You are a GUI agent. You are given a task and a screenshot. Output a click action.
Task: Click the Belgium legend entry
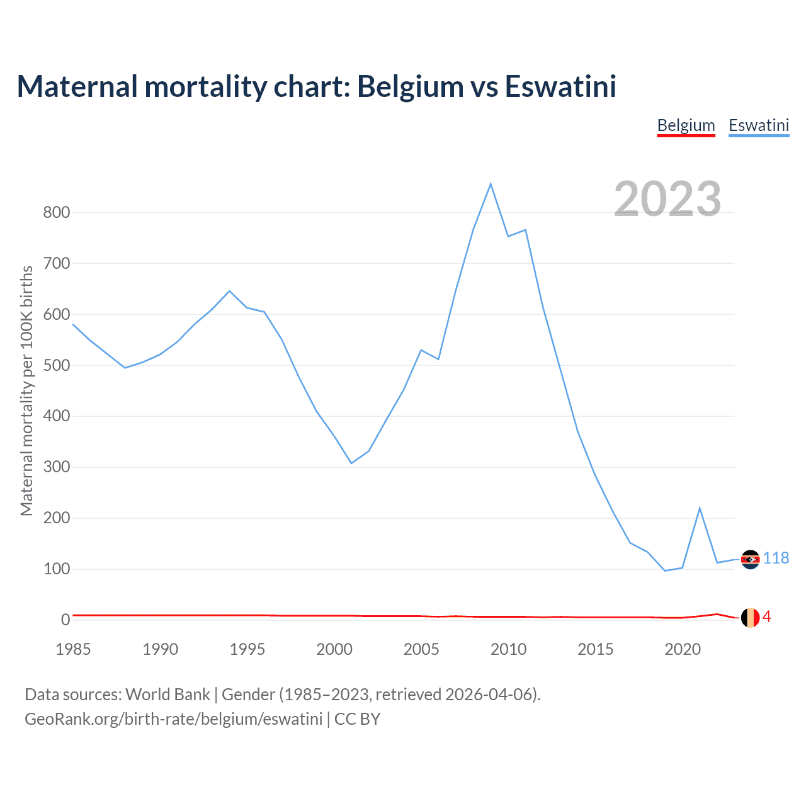[686, 125]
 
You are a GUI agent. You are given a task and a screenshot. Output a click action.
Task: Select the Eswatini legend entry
[759, 125]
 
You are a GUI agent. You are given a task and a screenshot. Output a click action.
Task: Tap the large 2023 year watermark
[667, 199]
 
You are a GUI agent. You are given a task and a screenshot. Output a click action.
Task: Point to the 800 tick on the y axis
[57, 212]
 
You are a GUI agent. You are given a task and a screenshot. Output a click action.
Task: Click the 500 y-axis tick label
[57, 365]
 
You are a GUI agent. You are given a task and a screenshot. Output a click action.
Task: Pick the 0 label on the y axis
[65, 620]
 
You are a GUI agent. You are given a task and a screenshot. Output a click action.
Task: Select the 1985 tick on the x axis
[73, 649]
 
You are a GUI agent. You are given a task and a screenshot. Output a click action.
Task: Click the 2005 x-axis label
[421, 649]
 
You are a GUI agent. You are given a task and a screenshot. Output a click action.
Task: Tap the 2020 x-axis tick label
[683, 649]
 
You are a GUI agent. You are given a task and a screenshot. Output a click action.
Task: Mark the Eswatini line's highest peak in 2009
[491, 184]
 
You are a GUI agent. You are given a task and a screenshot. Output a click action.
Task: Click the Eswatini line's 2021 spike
[700, 508]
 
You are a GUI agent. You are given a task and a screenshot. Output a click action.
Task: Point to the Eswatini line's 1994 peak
[229, 291]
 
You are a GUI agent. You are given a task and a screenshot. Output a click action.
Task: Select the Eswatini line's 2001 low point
[351, 463]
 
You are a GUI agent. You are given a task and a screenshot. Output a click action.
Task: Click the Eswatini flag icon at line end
[750, 559]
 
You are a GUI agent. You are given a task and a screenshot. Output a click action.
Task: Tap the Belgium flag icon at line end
[750, 618]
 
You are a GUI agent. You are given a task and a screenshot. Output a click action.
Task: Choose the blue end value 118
[776, 559]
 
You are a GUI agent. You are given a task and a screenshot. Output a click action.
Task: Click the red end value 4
[766, 617]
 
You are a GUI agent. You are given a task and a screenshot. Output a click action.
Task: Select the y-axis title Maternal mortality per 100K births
[26, 390]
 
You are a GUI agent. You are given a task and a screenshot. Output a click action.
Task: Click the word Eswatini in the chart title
[560, 86]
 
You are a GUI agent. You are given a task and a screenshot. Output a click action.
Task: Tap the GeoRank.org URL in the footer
[173, 718]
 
